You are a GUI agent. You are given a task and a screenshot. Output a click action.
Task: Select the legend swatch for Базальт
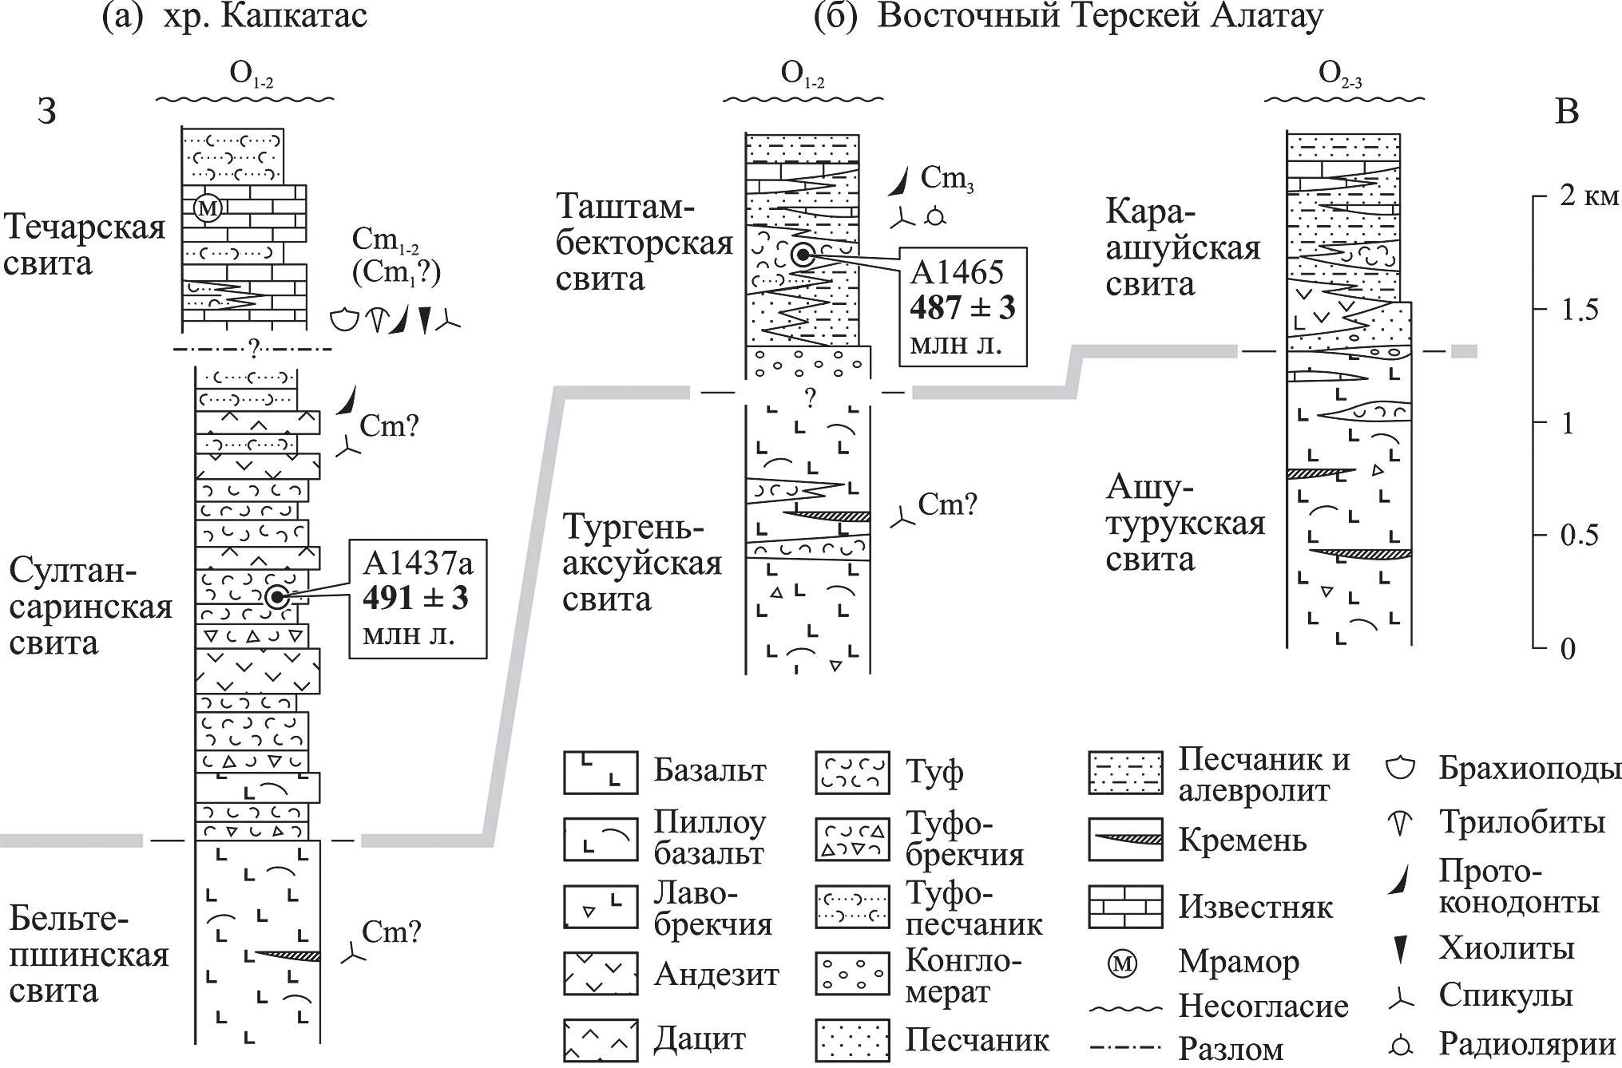coord(601,772)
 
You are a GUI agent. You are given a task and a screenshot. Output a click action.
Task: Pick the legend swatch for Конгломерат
coord(852,972)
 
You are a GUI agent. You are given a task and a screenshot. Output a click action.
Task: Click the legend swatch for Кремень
coord(1124,839)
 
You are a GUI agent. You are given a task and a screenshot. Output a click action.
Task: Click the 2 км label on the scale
coord(1588,196)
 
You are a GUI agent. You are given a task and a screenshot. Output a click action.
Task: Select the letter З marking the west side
coord(47,112)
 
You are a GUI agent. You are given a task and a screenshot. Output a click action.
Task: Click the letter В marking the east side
coord(1568,112)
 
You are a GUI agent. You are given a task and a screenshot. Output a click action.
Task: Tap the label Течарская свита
coord(84,245)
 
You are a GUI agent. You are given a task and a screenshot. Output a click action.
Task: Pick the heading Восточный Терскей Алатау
coord(1100,17)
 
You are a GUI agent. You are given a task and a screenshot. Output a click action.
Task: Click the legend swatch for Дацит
coord(601,1040)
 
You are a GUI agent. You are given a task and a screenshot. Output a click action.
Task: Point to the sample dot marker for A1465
coord(802,255)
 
